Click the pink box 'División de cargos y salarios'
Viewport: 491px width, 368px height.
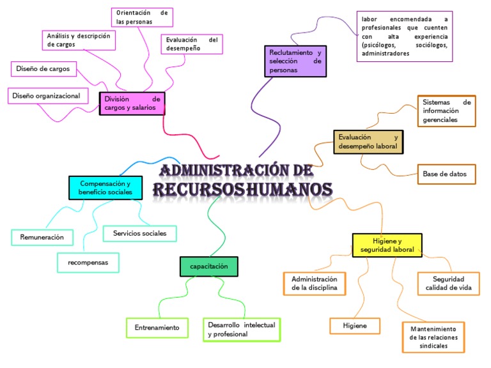click(x=132, y=104)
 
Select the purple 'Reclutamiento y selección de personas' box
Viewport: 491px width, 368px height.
click(x=295, y=61)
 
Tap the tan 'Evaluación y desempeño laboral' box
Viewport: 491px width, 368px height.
click(x=369, y=142)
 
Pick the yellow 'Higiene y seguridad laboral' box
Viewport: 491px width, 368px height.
click(x=387, y=245)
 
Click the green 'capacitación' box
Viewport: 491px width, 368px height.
click(x=209, y=266)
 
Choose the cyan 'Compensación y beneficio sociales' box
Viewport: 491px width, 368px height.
click(x=105, y=188)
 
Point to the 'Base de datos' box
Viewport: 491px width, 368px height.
click(x=445, y=174)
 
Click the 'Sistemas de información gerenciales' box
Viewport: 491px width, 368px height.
click(x=446, y=111)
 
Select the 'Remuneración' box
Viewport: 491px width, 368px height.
click(x=42, y=237)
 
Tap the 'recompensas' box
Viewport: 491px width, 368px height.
click(x=88, y=263)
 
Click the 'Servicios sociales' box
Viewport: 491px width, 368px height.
click(x=140, y=233)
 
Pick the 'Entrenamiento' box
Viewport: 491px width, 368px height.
click(x=157, y=328)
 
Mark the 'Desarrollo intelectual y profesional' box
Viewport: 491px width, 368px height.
click(x=241, y=330)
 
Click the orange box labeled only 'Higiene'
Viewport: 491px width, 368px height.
click(x=355, y=326)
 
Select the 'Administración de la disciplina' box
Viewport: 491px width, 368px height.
click(x=314, y=284)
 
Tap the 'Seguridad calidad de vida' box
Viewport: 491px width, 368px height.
click(x=448, y=284)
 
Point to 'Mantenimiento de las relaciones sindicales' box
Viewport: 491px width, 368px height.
click(x=433, y=337)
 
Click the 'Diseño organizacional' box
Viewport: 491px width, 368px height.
click(x=49, y=96)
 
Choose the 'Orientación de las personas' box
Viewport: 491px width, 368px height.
click(x=142, y=17)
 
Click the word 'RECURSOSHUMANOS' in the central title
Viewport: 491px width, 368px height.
click(x=242, y=190)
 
